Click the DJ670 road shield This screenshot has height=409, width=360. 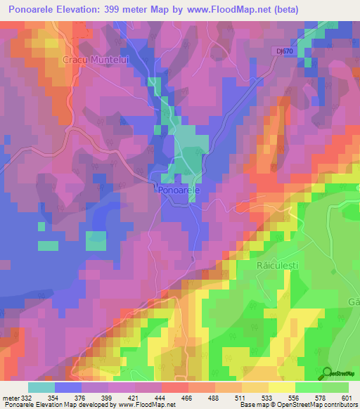(x=284, y=51)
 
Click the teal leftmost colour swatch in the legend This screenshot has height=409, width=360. (x=41, y=387)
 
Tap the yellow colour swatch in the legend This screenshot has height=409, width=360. (x=281, y=387)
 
